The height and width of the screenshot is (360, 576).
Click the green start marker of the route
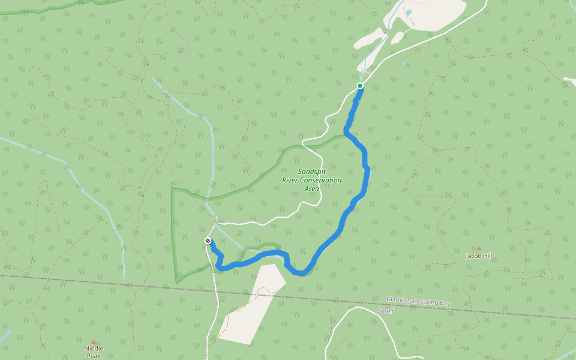tap(360, 86)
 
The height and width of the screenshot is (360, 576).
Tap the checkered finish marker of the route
tap(208, 241)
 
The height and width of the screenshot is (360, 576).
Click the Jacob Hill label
tap(479, 256)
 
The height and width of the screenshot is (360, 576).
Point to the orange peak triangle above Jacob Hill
tap(479, 248)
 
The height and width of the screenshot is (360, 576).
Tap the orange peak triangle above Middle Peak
tap(93, 342)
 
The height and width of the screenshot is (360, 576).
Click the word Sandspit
tap(311, 172)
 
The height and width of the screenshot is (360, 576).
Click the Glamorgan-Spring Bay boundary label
tap(418, 303)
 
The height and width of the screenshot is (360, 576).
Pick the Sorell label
tap(385, 311)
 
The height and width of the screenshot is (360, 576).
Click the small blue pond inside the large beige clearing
tap(409, 12)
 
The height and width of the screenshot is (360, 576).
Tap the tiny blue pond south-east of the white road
tap(405, 64)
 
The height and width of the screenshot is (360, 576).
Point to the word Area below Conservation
tap(311, 188)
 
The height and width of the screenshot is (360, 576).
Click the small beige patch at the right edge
tap(570, 79)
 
